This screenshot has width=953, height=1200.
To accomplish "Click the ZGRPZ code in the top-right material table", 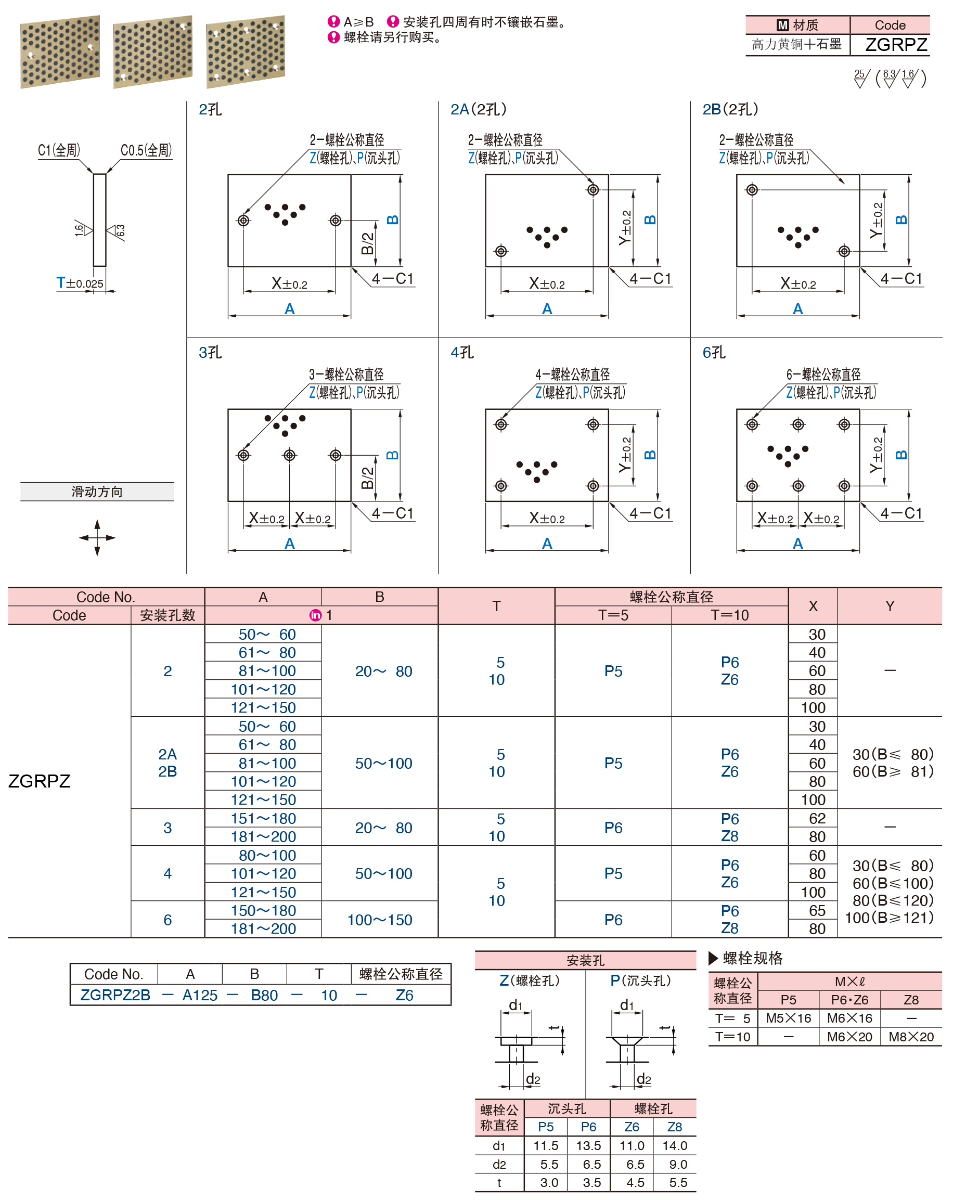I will tap(896, 45).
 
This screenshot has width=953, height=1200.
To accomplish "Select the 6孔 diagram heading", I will tap(714, 352).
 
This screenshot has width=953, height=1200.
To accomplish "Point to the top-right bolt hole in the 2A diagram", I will tap(593, 190).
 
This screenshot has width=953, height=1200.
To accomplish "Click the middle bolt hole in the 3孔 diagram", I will tap(289, 455).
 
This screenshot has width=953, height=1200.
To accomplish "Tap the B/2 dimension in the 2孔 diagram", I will tap(367, 243).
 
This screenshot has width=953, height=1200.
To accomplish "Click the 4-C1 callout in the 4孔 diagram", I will tap(650, 513).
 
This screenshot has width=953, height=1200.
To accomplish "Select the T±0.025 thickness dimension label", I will tap(80, 283).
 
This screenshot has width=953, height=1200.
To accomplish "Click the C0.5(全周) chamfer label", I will tap(146, 150).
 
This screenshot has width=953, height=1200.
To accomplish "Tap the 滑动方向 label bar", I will tap(97, 492).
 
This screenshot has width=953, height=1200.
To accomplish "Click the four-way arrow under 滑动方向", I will tap(97, 538).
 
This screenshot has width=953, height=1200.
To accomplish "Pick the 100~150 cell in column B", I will tap(380, 920).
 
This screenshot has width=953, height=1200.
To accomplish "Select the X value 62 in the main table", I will tap(817, 818).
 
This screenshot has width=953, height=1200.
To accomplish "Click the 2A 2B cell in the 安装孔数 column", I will tap(168, 763).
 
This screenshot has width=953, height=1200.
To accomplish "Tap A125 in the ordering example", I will tap(200, 995).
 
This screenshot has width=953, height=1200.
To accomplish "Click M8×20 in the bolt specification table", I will tap(911, 1036).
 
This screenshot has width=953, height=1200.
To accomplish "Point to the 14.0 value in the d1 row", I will tap(675, 1145).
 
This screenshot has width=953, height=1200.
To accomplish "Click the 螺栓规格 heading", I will tap(752, 958).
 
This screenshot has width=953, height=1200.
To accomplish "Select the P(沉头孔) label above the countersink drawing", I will tap(640, 980).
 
